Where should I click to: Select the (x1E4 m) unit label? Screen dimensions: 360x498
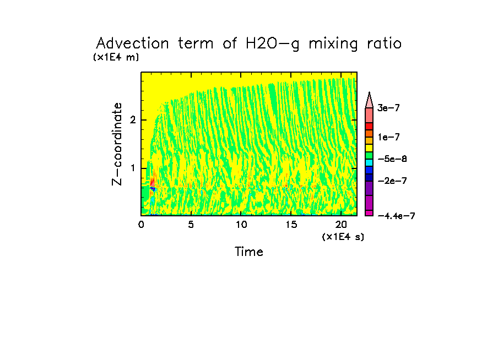pos(116,57)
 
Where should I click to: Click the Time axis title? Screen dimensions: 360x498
pos(249,252)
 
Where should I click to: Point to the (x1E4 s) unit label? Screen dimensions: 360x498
pos(343,237)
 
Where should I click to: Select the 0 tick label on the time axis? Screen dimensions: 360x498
pos(141,225)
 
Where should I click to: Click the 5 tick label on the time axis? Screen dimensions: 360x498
pos(191,225)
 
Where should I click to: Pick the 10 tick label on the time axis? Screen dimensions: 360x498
pos(241,225)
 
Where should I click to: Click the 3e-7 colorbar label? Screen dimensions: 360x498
pos(388,108)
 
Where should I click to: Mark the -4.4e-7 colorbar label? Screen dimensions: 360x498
pos(396,216)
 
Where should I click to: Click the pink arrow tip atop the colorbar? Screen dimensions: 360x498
pos(370,99)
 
